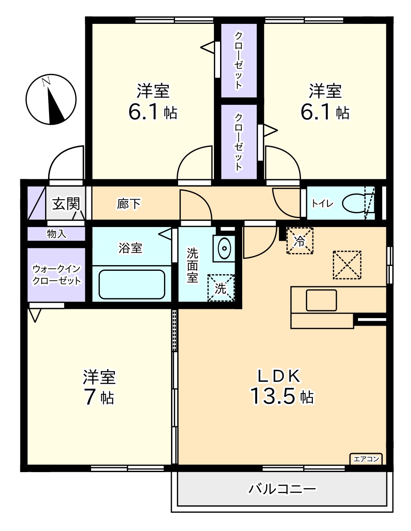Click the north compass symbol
pyautogui.click(x=51, y=100)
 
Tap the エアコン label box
pyautogui.click(x=366, y=459)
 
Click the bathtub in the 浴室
pyautogui.click(x=132, y=285)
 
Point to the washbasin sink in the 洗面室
pyautogui.click(x=225, y=248)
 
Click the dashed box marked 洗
pyautogui.click(x=221, y=288)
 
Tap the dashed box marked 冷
pyautogui.click(x=300, y=241)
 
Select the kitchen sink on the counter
pyautogui.click(x=321, y=300)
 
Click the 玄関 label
pyautogui.click(x=66, y=204)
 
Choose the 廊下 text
pyautogui.click(x=129, y=204)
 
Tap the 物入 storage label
pyautogui.click(x=57, y=234)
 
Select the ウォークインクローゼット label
pyautogui.click(x=57, y=275)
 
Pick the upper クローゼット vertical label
pyautogui.click(x=239, y=60)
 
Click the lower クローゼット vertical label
pyautogui.click(x=239, y=142)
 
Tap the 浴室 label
pyautogui.click(x=130, y=248)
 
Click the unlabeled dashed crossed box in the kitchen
pyautogui.click(x=347, y=265)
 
